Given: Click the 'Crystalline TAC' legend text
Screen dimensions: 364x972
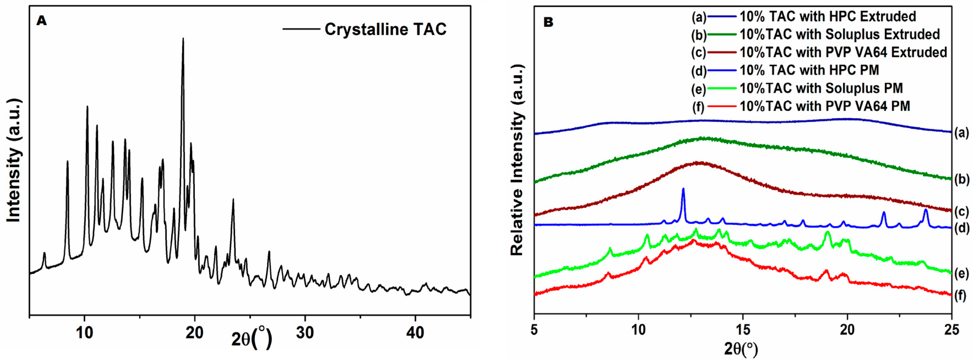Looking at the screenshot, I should pyautogui.click(x=385, y=29).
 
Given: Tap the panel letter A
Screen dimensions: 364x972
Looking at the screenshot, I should pyautogui.click(x=42, y=21).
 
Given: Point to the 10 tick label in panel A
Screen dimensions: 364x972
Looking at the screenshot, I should pyautogui.click(x=85, y=333).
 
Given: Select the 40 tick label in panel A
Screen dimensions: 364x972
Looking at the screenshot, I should pyautogui.click(x=415, y=333).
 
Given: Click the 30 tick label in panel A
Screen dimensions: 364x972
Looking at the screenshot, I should pyautogui.click(x=305, y=333).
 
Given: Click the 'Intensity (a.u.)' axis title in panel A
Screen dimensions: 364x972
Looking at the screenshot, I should pyautogui.click(x=13, y=160).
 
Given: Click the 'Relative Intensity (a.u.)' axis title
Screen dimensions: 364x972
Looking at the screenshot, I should pyautogui.click(x=517, y=160).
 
